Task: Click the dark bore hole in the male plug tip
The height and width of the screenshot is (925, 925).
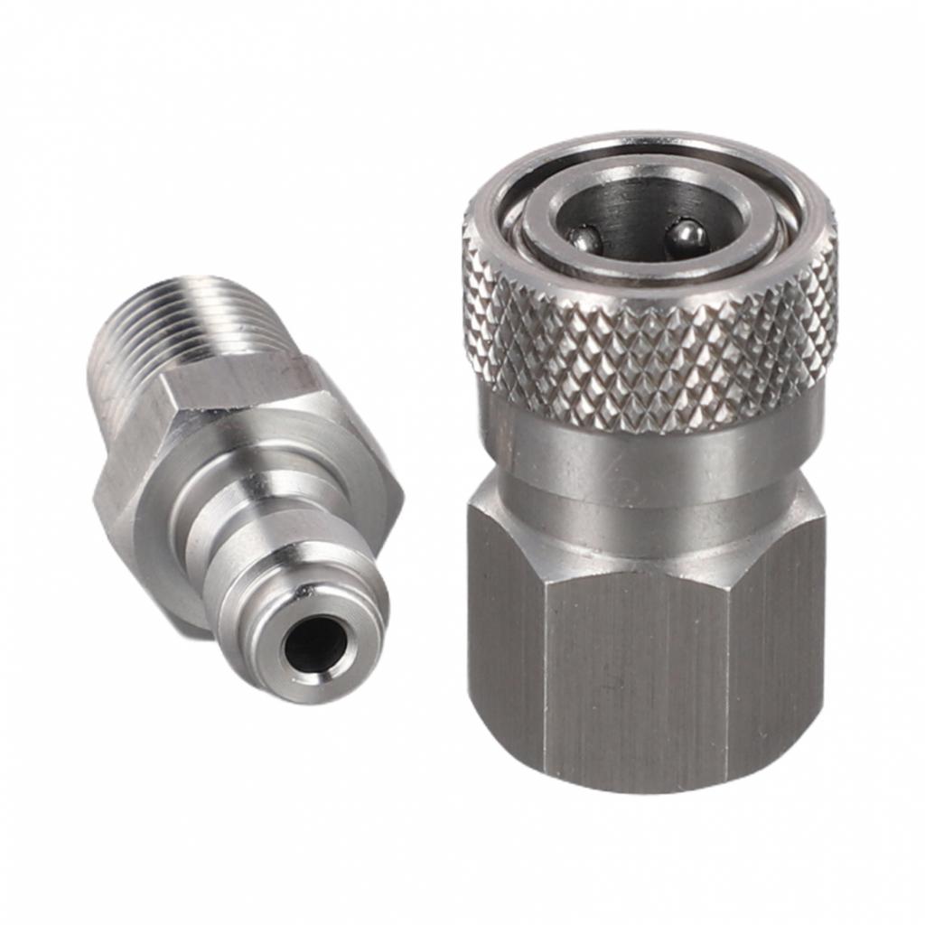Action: [x=313, y=645]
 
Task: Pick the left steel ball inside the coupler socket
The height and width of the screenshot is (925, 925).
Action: [x=584, y=239]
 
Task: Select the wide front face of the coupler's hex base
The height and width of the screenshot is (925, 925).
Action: [x=637, y=668]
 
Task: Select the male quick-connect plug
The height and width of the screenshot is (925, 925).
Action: [x=244, y=488]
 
